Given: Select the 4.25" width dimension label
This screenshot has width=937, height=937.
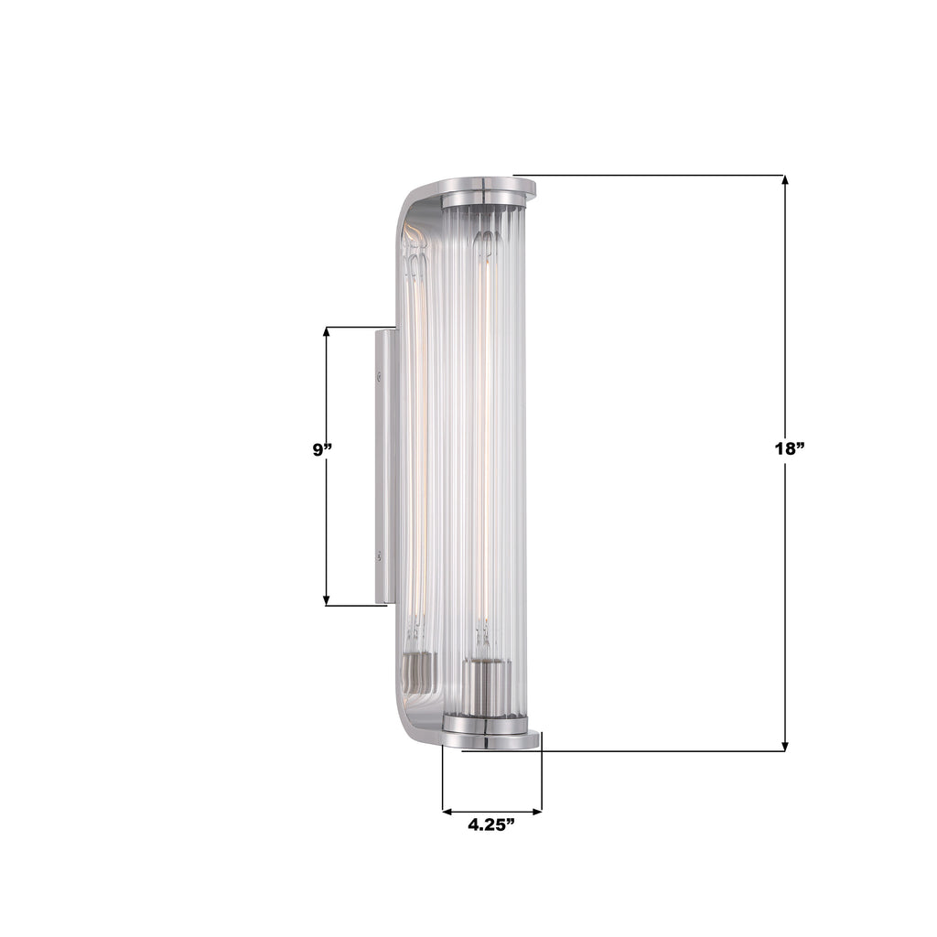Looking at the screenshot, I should click(x=491, y=824).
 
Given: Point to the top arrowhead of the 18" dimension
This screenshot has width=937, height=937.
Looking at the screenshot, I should click(x=785, y=181).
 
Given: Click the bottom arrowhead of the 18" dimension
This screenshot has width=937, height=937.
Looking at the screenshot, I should click(x=785, y=745).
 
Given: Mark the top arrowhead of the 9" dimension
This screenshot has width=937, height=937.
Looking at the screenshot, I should click(x=327, y=333).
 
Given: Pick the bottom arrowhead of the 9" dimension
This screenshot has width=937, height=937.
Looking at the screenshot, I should click(x=327, y=598).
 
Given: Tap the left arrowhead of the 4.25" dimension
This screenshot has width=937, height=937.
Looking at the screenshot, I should click(x=448, y=810).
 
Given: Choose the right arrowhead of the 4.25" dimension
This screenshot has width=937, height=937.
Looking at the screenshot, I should click(x=536, y=810).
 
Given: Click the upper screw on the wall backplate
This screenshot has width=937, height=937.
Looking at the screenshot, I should click(x=379, y=372).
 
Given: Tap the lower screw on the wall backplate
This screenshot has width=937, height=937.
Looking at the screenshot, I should click(x=379, y=554).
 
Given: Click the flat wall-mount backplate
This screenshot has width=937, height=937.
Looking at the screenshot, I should click(x=383, y=467).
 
